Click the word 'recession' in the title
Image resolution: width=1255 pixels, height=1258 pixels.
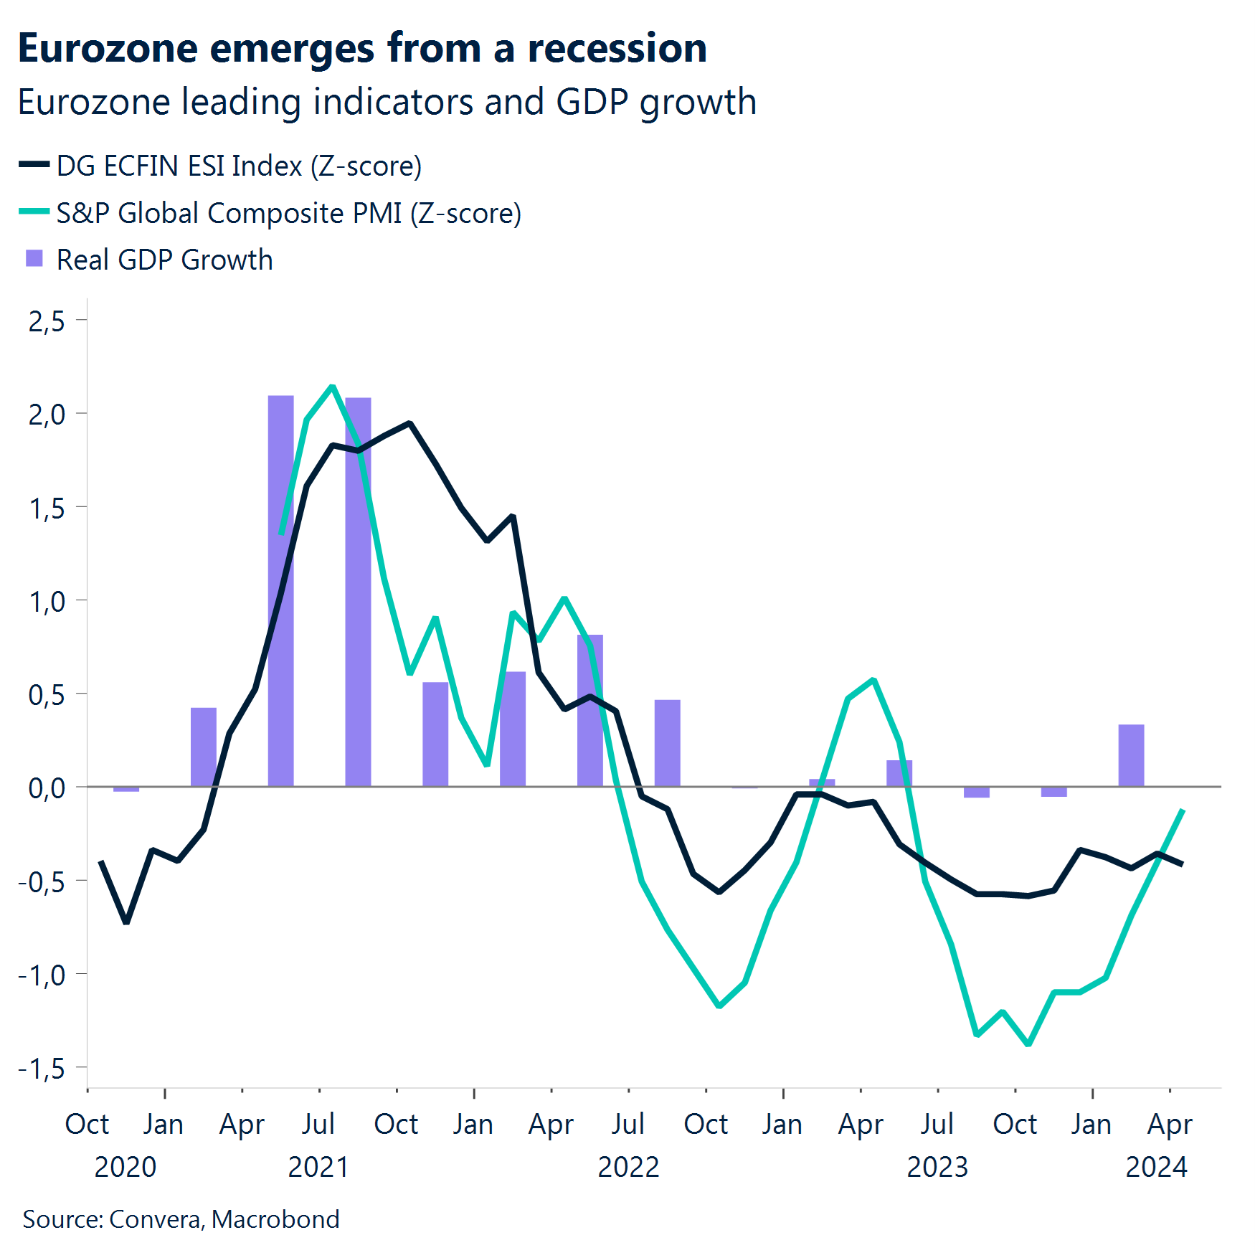[x=617, y=49]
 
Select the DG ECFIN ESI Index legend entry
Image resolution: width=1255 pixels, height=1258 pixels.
[x=238, y=166]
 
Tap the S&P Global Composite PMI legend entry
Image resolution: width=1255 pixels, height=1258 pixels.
[x=288, y=213]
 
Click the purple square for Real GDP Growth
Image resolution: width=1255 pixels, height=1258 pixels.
[x=34, y=259]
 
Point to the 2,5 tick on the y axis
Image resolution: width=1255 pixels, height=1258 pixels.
[x=47, y=321]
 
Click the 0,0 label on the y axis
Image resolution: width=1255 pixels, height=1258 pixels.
[x=47, y=788]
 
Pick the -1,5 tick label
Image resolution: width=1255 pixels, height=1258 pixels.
[x=42, y=1069]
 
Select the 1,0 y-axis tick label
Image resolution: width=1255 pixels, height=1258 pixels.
[x=47, y=601]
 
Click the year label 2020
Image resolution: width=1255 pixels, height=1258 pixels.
[x=126, y=1167]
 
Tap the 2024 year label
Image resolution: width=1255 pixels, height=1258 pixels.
[x=1156, y=1167]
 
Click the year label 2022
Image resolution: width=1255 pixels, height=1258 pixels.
[x=628, y=1167]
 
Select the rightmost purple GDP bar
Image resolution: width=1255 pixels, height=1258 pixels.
[x=1131, y=755]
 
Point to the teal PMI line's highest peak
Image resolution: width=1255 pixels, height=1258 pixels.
[x=332, y=387]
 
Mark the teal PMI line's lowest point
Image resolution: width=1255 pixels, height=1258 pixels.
[x=1028, y=1044]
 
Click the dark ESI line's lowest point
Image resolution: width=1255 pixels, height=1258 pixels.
[x=126, y=922]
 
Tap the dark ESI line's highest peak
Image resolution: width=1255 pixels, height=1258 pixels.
[x=409, y=423]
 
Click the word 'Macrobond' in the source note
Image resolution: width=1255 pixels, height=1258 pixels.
[x=275, y=1219]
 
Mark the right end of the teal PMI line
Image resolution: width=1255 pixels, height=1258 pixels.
[x=1182, y=810]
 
